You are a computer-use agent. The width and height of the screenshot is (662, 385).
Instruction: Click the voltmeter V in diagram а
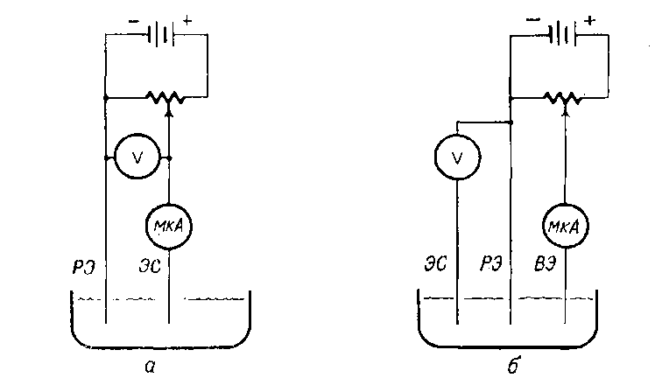[x=137, y=157]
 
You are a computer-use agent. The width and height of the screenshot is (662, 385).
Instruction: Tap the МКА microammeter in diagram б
[x=565, y=227]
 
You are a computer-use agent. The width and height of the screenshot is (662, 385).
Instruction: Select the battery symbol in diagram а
[x=158, y=36]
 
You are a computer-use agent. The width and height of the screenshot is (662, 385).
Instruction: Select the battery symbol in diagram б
[x=562, y=36]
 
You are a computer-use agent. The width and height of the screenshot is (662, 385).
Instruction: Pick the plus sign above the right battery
[x=589, y=18]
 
